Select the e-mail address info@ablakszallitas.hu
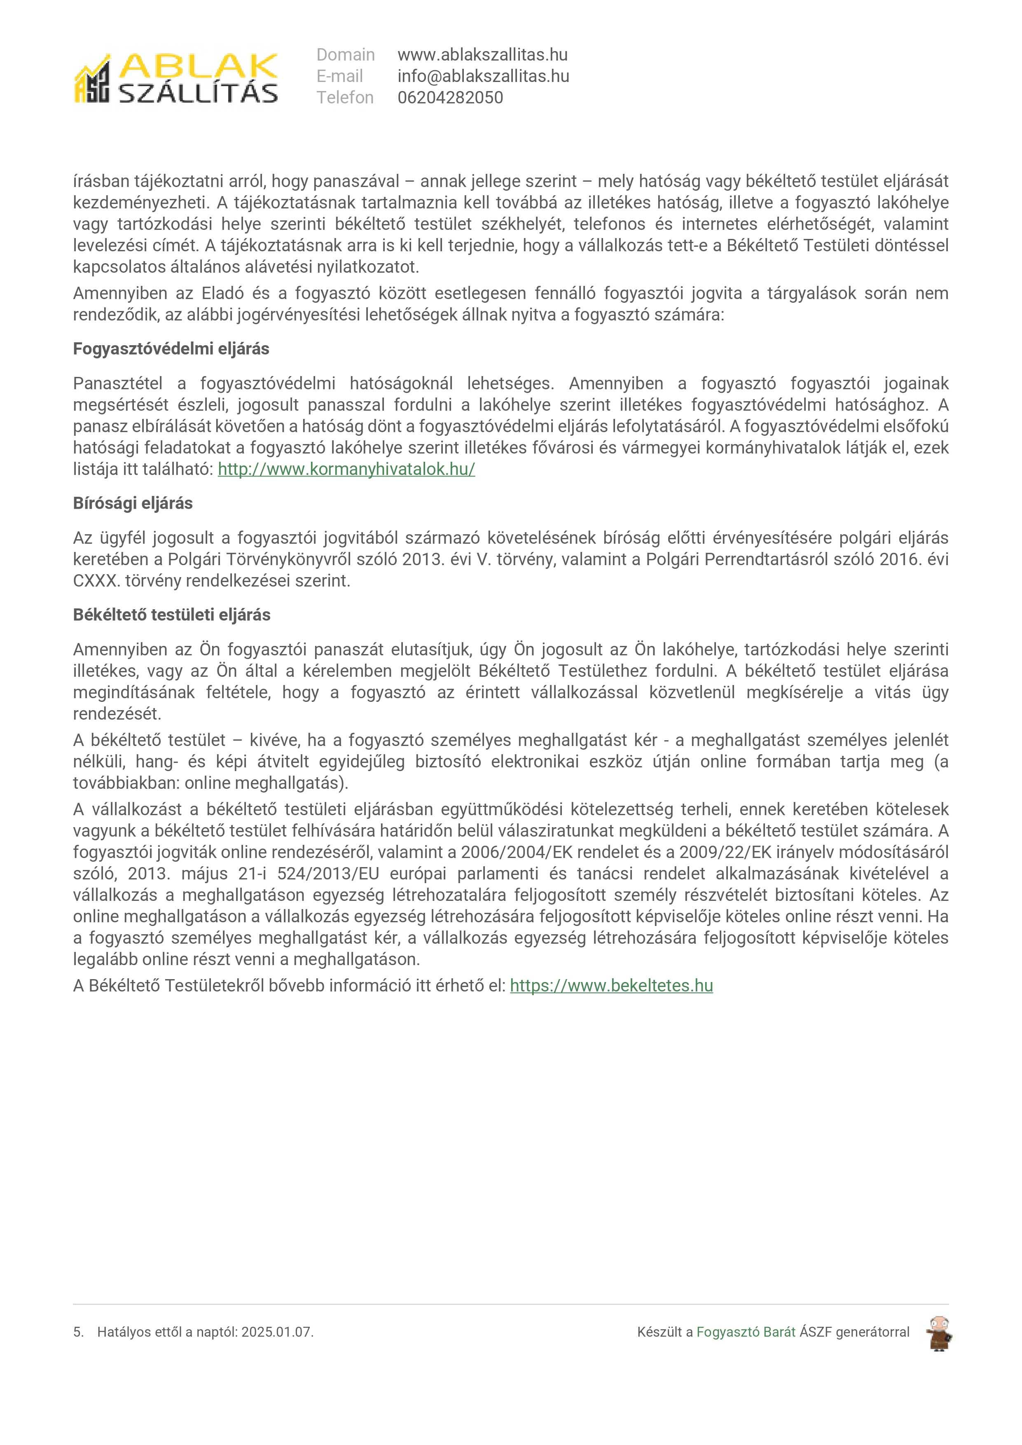tap(483, 76)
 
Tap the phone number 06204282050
tap(450, 98)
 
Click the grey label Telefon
tap(344, 98)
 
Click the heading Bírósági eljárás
tap(133, 503)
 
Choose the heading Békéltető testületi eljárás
tap(171, 615)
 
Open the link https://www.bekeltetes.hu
tap(611, 986)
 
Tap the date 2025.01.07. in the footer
tap(277, 1333)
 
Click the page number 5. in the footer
tap(78, 1333)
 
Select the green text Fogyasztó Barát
tap(745, 1333)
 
